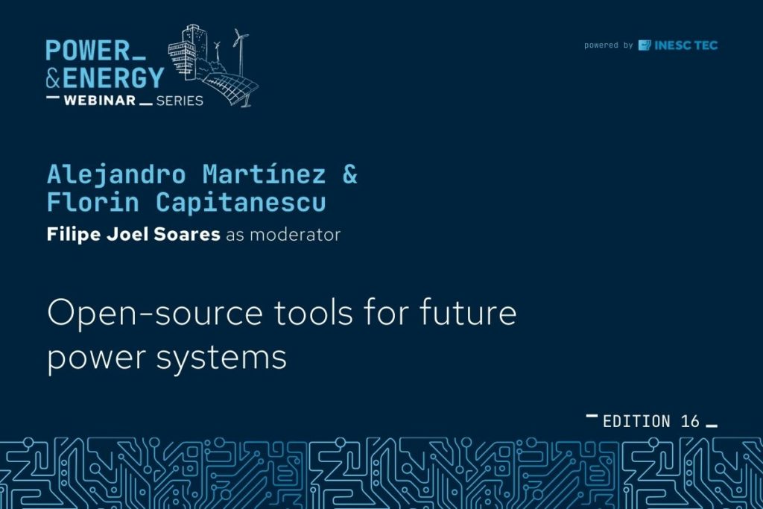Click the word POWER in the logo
[x=88, y=50]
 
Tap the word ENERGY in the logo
[x=113, y=78]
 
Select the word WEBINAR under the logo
[x=100, y=101]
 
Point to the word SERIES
[x=180, y=101]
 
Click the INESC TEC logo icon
[x=645, y=45]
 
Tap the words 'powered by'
[x=608, y=45]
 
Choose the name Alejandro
[x=116, y=174]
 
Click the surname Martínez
[x=265, y=174]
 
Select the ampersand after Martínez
[x=350, y=174]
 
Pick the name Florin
[x=93, y=201]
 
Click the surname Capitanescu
[x=241, y=202]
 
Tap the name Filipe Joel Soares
[x=133, y=234]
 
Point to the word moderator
[x=295, y=235]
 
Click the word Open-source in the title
[x=155, y=314]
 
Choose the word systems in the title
[x=221, y=358]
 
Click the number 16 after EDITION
[x=690, y=421]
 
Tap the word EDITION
[x=636, y=421]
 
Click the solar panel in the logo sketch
[x=231, y=88]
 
